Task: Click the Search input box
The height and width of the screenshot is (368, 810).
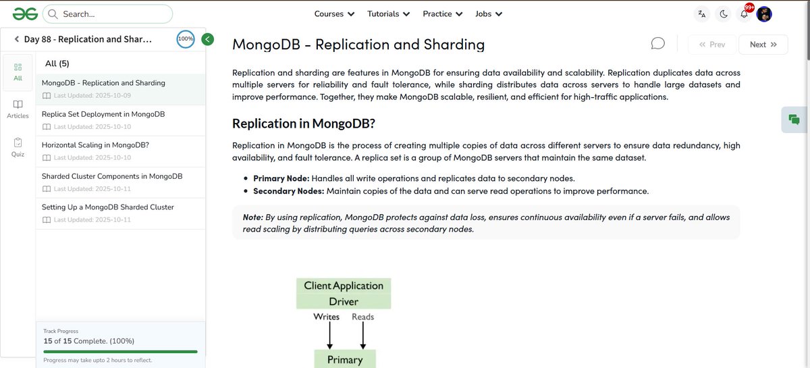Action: [108, 14]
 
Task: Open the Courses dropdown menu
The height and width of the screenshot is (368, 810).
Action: [334, 14]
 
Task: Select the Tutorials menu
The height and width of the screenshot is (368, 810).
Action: [388, 14]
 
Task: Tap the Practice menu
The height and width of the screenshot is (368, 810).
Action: [442, 14]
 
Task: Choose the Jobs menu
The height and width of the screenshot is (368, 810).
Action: [489, 14]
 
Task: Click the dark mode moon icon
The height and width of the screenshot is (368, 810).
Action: [724, 14]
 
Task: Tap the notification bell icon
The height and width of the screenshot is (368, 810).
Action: [744, 14]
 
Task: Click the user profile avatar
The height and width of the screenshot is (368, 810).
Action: [764, 14]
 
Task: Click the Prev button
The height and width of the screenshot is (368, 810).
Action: [712, 45]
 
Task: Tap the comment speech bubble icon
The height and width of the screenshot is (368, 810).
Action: [657, 44]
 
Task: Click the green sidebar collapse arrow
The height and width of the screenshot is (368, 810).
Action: [208, 39]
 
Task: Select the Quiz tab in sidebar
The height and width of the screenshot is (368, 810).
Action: [18, 147]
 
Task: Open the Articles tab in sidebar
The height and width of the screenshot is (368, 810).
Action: [18, 109]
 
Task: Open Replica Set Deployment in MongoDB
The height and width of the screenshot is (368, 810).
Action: [103, 114]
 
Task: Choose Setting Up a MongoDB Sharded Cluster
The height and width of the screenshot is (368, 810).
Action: [108, 207]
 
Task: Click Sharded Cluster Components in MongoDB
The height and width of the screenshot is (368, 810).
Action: [112, 176]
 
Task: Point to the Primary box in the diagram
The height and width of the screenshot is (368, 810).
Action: [345, 359]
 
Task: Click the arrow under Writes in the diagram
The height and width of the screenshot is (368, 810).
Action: [329, 335]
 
